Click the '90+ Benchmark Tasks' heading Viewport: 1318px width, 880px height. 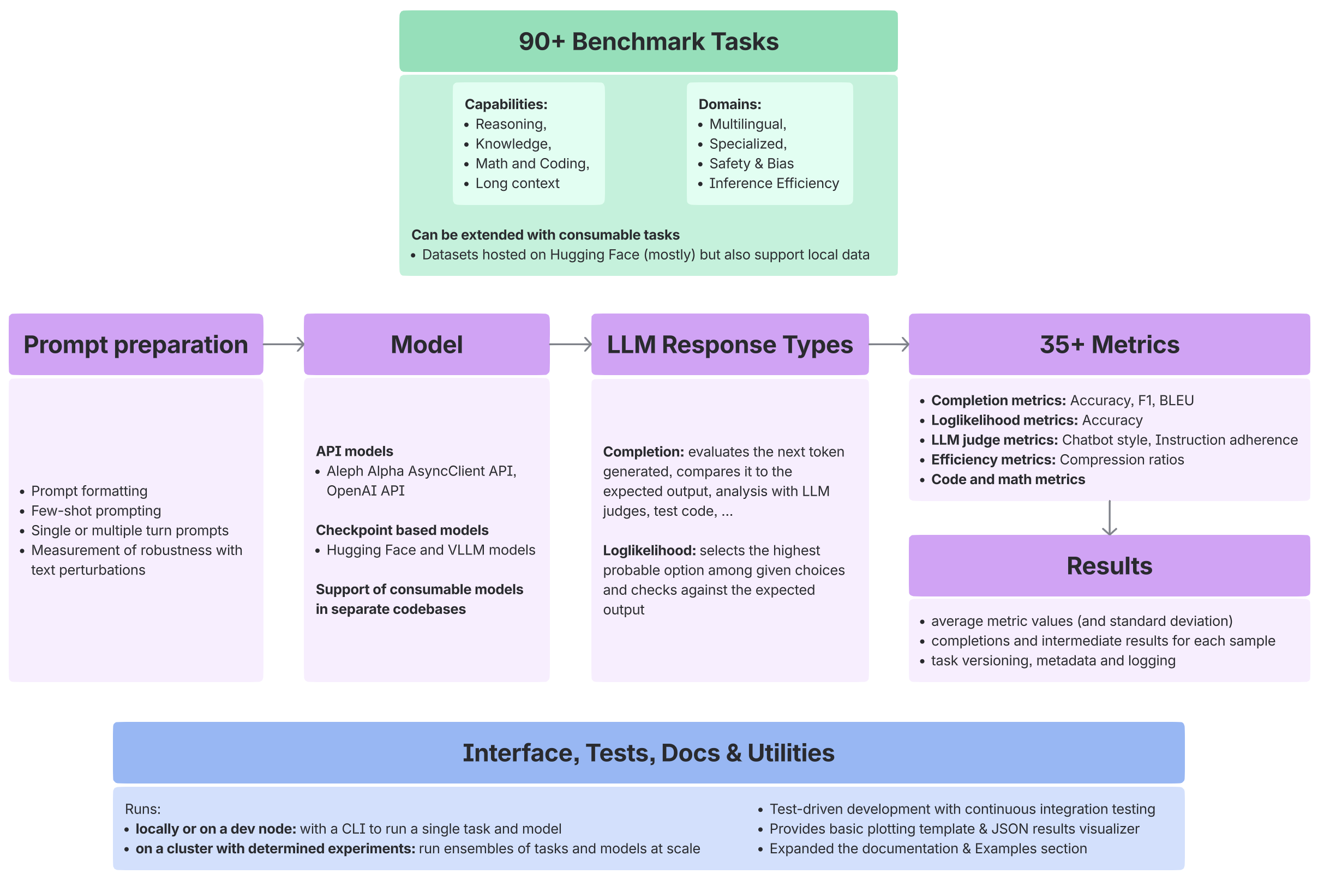pos(648,41)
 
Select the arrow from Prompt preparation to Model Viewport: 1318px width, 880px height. pos(284,344)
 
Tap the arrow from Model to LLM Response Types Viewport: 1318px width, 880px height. pos(570,344)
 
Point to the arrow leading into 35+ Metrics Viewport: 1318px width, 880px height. pos(889,344)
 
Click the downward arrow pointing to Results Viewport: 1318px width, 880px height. pos(1109,517)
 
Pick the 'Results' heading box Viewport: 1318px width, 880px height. pos(1109,566)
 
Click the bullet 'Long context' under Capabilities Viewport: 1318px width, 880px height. pos(517,184)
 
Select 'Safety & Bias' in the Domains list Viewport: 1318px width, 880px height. pos(751,164)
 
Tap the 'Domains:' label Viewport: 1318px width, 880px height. pos(729,104)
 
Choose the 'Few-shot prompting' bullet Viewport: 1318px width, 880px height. pos(96,511)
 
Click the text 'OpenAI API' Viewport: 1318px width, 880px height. pos(366,491)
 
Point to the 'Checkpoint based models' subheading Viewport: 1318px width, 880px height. pos(402,530)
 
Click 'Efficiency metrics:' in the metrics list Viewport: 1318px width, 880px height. pos(993,460)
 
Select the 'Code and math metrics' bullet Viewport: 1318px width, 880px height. pos(1008,479)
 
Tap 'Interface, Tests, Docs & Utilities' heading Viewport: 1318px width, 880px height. pos(648,752)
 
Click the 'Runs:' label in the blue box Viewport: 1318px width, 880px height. pos(142,809)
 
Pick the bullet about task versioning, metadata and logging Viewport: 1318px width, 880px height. pos(1053,661)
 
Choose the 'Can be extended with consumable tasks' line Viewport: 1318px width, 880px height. pos(545,234)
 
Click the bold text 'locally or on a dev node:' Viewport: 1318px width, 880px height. pos(215,829)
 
